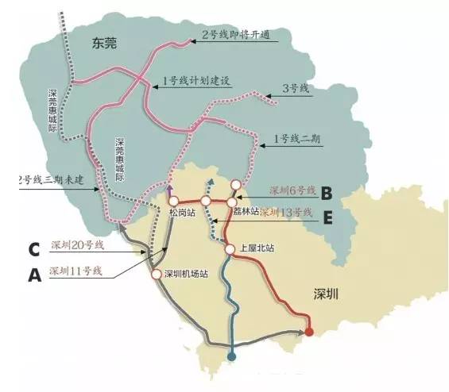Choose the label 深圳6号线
point(292,190)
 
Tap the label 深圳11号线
point(76,271)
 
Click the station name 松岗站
point(181,213)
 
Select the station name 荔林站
point(246,213)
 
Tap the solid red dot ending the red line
point(309,332)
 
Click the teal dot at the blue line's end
point(231,357)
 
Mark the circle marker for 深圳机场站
point(157,275)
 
